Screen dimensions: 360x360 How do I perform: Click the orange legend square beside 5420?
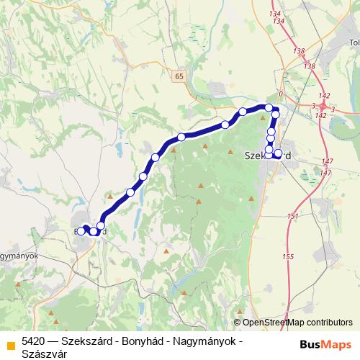[x=9, y=341]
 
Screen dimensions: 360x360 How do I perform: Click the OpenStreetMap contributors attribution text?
[x=297, y=323]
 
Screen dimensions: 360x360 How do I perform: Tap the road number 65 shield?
[x=177, y=75]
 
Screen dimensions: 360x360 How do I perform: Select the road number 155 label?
[x=289, y=256]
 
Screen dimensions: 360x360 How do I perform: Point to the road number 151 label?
[x=292, y=217]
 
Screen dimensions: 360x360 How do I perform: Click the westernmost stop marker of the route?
[x=84, y=229]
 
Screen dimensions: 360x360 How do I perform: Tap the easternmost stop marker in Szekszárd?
[x=279, y=153]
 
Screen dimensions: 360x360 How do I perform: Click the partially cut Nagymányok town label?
[x=18, y=256]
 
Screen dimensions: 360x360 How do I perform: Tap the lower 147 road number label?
[x=326, y=173]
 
